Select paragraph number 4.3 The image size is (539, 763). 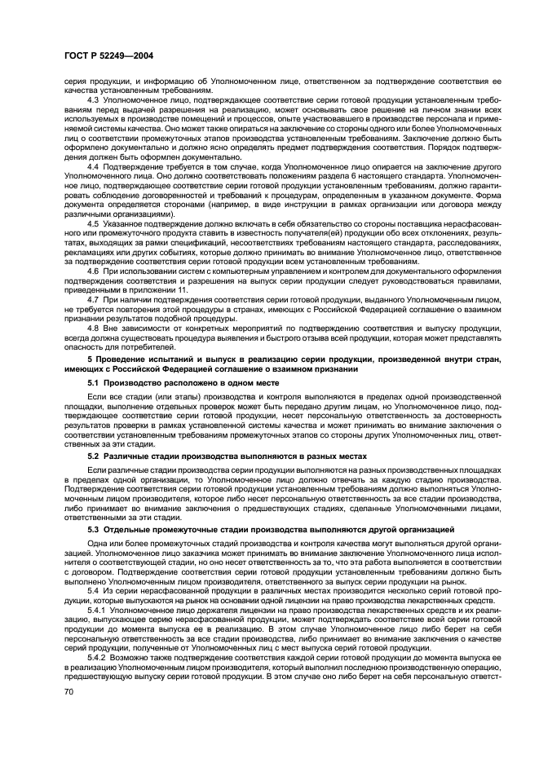[93, 99]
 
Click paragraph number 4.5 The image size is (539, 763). [93, 223]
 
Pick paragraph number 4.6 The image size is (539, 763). [93, 270]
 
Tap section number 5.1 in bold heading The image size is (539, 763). [93, 381]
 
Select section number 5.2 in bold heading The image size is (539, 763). [93, 456]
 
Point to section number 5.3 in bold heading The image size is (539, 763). [93, 529]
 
